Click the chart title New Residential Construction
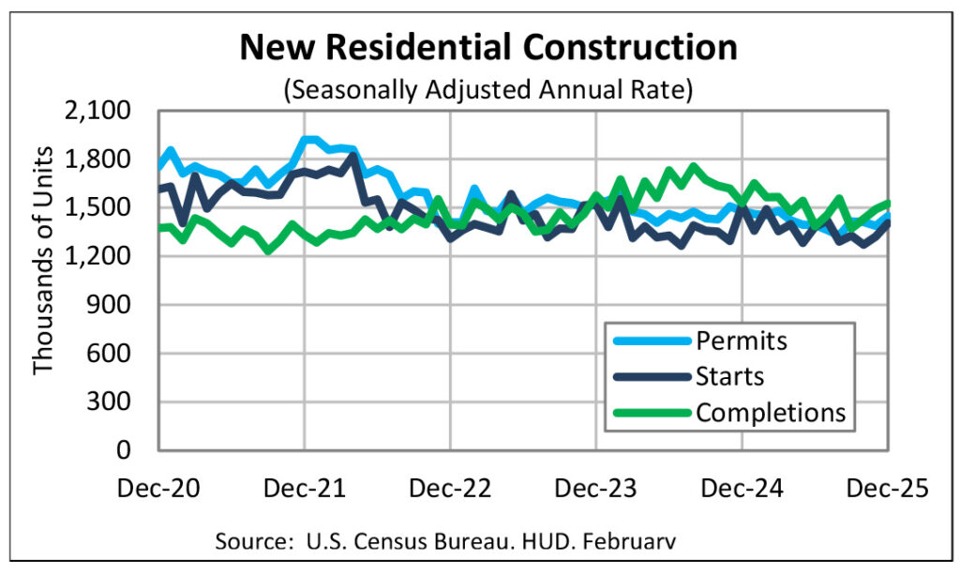488,47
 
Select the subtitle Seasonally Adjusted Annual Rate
488,91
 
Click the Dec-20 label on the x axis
159,489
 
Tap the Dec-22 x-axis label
451,489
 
